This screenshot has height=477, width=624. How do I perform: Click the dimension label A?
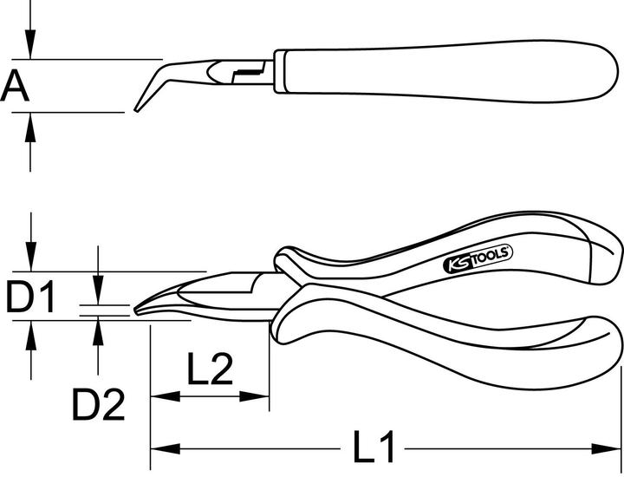16,86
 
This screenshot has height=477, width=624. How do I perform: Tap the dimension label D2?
98,405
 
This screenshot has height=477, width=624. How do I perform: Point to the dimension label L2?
209,371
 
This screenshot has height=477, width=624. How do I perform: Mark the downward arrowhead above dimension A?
30,48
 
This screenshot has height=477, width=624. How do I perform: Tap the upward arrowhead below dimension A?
30,123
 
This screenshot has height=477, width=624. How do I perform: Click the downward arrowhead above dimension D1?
31,259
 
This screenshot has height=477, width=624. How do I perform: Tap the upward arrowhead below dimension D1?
31,330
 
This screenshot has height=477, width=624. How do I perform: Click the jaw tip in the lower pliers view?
140,309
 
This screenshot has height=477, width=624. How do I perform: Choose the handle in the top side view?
433,67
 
